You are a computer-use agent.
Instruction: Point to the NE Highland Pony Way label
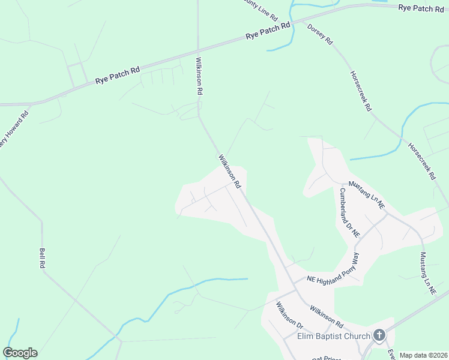[333, 269]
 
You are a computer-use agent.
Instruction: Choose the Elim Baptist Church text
[334, 336]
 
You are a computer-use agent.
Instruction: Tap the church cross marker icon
[379, 335]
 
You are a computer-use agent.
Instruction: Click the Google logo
[20, 353]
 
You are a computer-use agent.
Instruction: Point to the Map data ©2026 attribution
[423, 355]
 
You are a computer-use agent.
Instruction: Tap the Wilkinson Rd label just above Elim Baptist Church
[326, 316]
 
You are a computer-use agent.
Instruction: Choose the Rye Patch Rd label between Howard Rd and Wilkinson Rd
[117, 75]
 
